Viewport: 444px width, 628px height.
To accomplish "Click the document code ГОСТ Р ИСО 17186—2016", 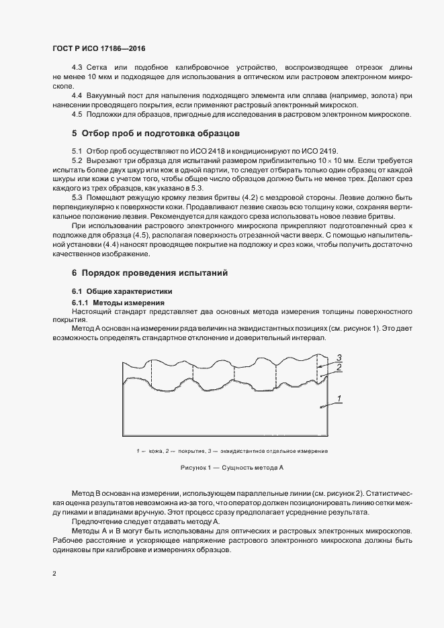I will click(99, 49).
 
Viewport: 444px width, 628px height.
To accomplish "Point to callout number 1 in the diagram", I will click(340, 400).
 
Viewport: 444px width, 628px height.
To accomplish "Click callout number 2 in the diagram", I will click(340, 368).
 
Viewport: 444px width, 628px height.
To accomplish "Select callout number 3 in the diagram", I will click(340, 356).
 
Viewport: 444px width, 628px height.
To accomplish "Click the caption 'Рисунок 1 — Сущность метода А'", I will click(232, 466).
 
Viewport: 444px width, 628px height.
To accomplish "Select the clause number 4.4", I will click(77, 95).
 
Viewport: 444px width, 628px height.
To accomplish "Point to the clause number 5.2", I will click(77, 162).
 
